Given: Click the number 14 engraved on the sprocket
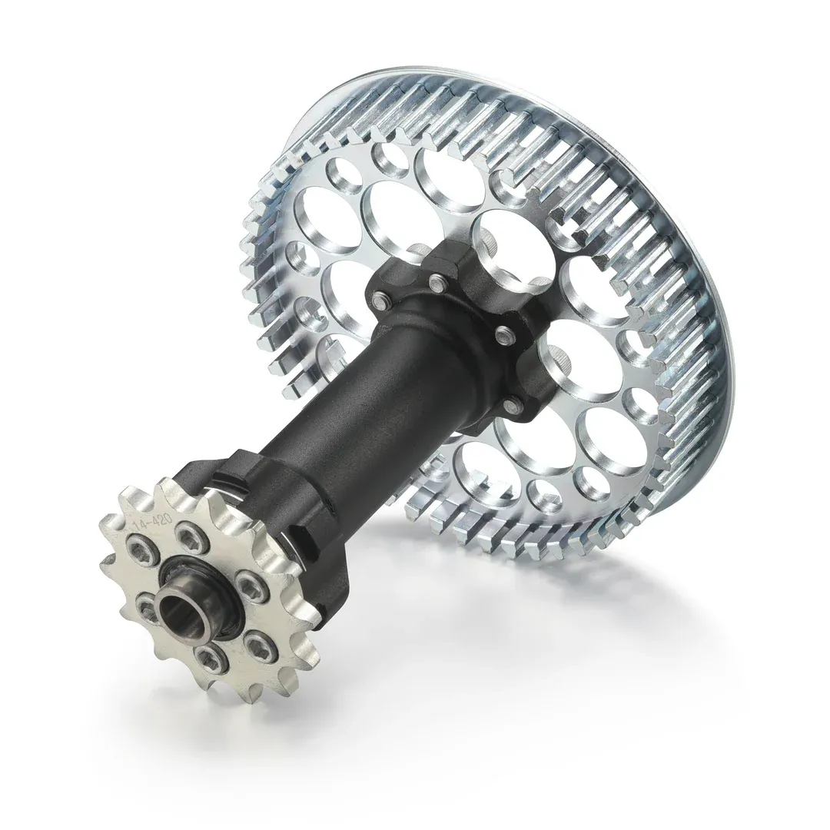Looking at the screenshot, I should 141,525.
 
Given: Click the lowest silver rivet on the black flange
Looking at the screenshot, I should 509,400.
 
